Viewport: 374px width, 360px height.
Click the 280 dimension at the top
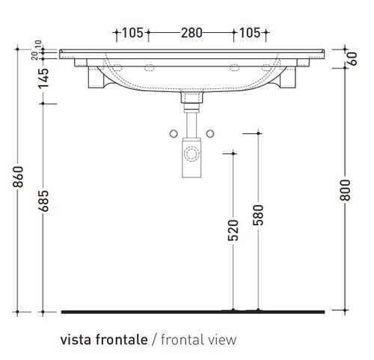[191, 33]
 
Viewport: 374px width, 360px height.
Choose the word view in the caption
[221, 339]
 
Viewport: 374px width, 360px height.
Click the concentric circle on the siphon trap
[191, 156]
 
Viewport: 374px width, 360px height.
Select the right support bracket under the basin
[285, 77]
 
